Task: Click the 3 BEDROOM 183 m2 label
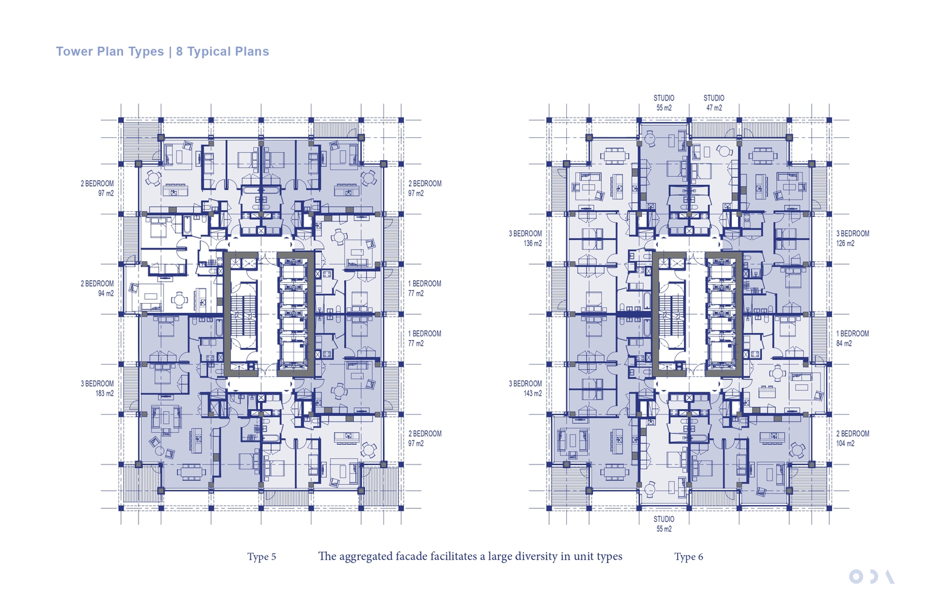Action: click(x=97, y=388)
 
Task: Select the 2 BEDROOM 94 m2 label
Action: click(x=97, y=288)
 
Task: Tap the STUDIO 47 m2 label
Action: click(x=714, y=103)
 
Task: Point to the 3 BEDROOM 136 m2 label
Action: click(x=526, y=238)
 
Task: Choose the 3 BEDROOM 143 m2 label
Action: click(x=526, y=388)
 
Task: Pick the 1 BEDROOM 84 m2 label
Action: click(x=853, y=339)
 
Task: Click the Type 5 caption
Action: click(x=262, y=557)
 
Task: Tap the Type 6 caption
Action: click(x=689, y=557)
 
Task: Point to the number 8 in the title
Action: click(x=180, y=51)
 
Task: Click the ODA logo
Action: click(x=872, y=577)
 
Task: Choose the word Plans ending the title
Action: click(x=253, y=51)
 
